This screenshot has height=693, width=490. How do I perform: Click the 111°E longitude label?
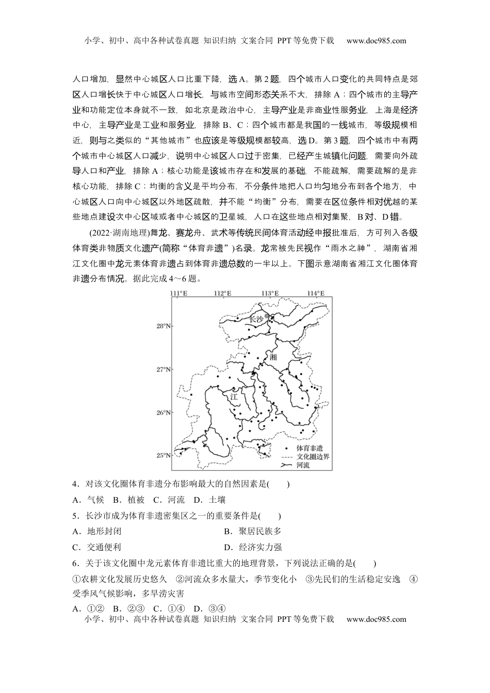(x=178, y=293)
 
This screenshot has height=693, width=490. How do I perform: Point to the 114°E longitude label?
(x=316, y=293)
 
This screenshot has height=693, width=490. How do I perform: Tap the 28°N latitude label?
(x=164, y=326)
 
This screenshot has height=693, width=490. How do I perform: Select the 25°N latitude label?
(x=164, y=455)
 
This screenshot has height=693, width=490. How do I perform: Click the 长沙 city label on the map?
(x=256, y=319)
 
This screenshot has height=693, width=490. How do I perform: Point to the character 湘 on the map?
(x=273, y=357)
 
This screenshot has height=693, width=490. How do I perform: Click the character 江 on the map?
(x=233, y=397)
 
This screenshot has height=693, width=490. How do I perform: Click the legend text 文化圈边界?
(x=313, y=457)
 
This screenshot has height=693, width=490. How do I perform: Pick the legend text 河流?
(x=303, y=465)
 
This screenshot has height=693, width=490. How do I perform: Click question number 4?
(x=75, y=484)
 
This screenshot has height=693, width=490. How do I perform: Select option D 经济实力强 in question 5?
(x=253, y=548)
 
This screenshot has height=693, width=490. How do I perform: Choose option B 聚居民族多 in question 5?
(x=253, y=532)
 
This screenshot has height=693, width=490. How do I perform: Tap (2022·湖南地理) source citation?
(x=119, y=233)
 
